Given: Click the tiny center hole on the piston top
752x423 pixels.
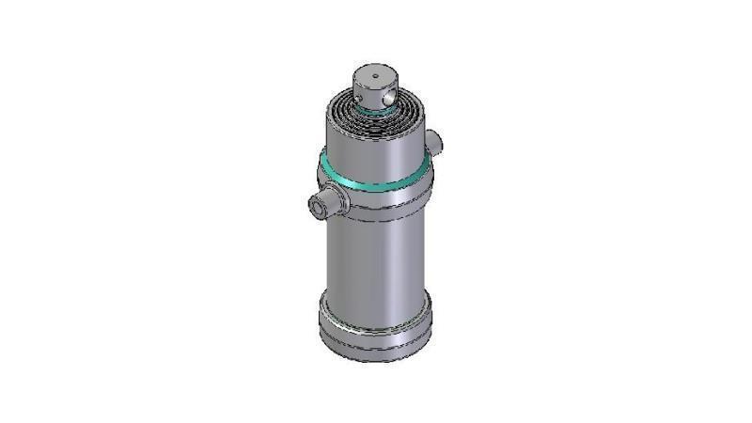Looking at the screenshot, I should (374, 74).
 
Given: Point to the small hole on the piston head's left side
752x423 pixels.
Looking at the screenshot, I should (359, 92).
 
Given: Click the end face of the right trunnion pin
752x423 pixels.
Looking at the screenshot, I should (437, 141).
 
